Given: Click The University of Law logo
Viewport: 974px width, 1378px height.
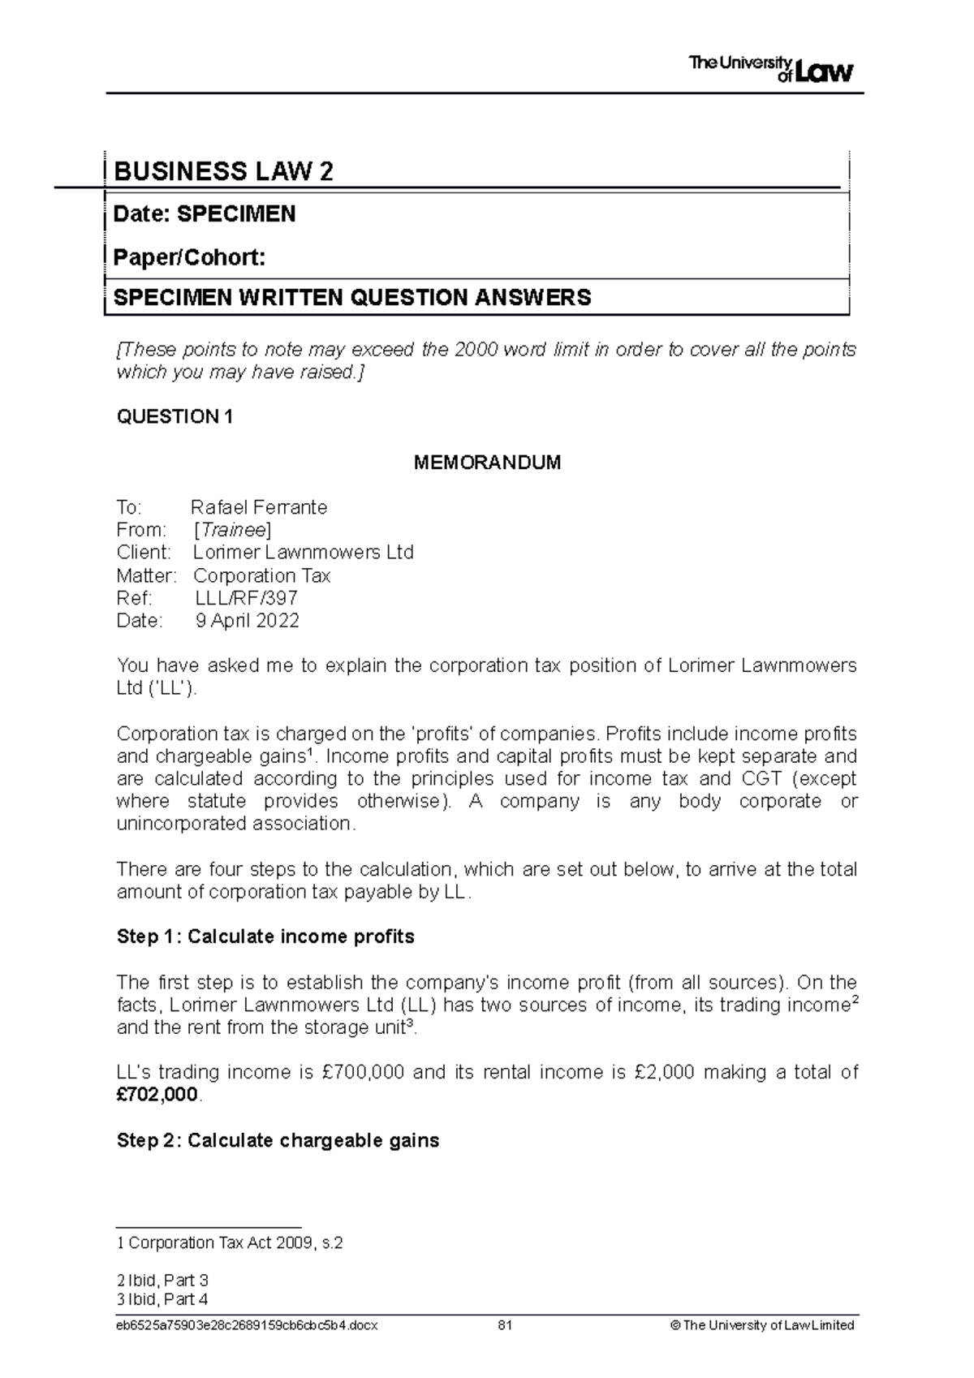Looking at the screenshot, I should coord(770,69).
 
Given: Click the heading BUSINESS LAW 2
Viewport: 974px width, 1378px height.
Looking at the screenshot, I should coord(223,171).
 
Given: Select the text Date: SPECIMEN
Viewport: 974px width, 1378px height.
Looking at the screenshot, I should coord(204,214).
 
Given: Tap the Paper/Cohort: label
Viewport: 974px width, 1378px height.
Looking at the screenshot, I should coord(189,258).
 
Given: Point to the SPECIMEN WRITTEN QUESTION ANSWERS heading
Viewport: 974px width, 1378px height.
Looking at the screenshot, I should coord(352,298).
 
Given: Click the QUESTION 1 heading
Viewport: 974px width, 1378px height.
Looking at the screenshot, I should coord(175,417).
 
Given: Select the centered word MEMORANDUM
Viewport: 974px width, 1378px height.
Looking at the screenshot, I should coord(487,463).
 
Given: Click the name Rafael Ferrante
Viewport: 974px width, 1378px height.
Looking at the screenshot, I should coord(258,508).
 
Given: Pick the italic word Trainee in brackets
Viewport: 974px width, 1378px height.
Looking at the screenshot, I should coord(232,531).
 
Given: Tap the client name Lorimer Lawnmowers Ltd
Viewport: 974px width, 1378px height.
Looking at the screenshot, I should coord(303,553).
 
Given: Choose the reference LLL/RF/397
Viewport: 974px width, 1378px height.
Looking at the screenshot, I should coord(246,599).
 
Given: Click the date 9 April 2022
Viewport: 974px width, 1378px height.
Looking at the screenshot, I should coord(247,622).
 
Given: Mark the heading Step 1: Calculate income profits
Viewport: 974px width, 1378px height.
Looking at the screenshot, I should coord(265,937).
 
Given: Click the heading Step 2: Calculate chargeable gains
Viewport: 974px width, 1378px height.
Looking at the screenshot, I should coord(278,1141).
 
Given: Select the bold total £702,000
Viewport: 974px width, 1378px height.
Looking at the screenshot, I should coord(157,1096).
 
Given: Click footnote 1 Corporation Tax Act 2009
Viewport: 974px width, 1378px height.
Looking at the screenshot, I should coord(230,1243).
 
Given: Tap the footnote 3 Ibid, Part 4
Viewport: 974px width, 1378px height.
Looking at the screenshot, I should coord(162,1300).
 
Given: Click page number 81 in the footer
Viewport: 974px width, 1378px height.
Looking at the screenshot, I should coord(505,1326).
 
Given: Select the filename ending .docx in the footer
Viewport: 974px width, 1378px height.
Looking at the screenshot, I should coord(247,1326).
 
